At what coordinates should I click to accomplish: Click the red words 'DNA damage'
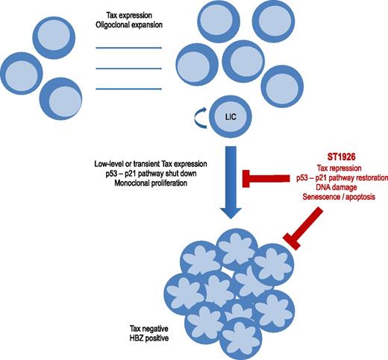339,189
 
